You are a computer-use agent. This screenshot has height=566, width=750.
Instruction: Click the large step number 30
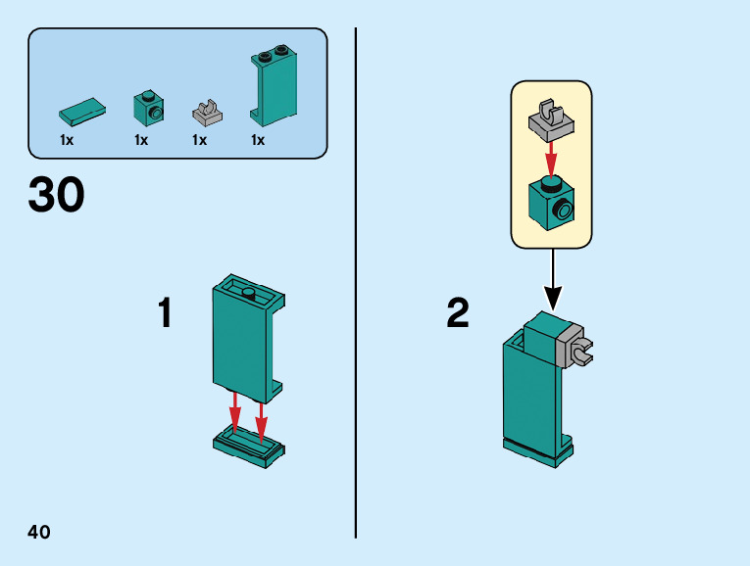(x=57, y=196)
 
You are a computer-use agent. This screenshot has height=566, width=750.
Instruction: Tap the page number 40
(x=39, y=532)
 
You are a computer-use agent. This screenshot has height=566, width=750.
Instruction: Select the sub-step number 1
(x=166, y=313)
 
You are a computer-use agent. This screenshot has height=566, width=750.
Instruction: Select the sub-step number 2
(x=457, y=313)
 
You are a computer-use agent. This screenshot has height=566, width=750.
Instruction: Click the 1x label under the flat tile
(x=67, y=140)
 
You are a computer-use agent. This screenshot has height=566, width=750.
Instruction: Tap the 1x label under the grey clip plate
(x=199, y=140)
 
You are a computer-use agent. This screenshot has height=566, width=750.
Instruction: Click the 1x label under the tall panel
(x=258, y=140)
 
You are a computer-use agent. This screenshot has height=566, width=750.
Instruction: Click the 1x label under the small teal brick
(x=141, y=140)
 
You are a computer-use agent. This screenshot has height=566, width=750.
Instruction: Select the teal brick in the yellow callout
(x=550, y=201)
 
